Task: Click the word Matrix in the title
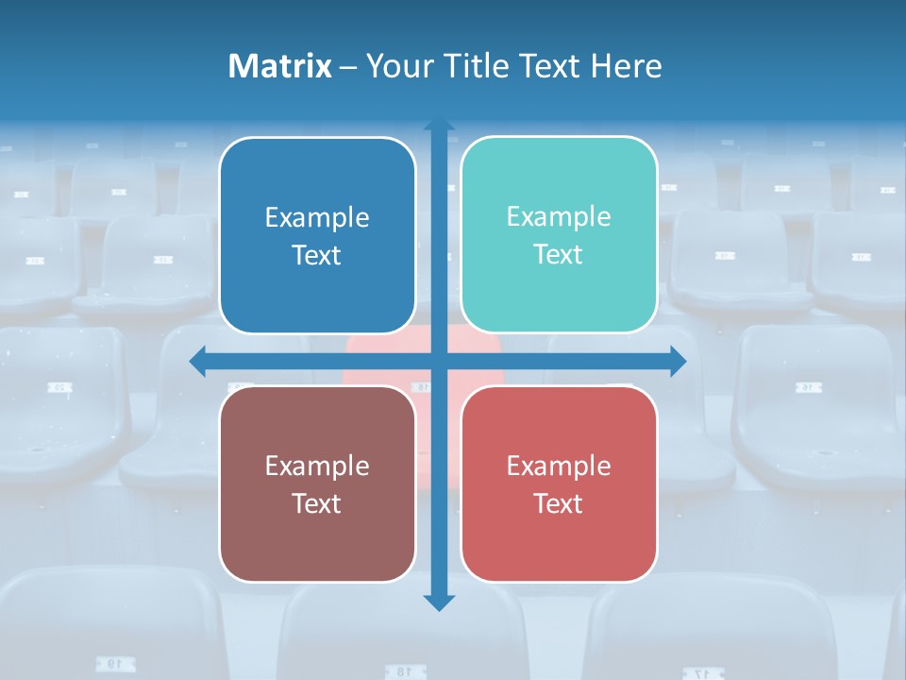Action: coord(279,66)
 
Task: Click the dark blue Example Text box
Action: coord(317,235)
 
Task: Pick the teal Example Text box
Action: coord(559,234)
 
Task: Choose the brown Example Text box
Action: coord(317,484)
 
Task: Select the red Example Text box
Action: coord(559,484)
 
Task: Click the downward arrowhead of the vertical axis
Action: coord(439,602)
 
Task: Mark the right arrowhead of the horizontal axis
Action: coord(678,361)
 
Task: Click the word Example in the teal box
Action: coord(559,217)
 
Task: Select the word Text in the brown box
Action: coord(317,503)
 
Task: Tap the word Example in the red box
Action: coord(559,466)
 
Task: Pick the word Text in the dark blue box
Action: coord(317,255)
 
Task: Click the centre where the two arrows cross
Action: coord(439,361)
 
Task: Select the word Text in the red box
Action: coord(559,503)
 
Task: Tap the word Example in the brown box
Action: coord(317,466)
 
